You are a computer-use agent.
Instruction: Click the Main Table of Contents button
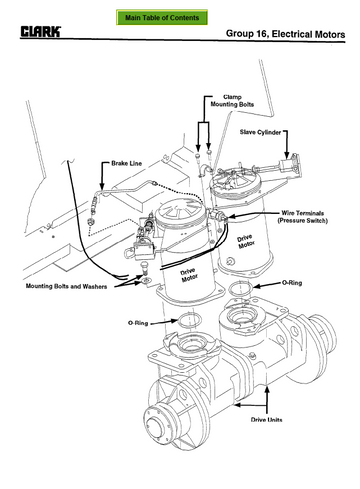click(162, 17)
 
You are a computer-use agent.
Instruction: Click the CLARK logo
click(41, 32)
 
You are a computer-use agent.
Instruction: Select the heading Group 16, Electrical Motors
click(285, 34)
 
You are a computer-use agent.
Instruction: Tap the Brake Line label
click(126, 163)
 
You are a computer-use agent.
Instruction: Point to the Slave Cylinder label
click(260, 132)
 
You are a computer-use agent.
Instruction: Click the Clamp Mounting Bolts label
click(232, 101)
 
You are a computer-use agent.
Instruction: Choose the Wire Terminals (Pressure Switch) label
click(303, 217)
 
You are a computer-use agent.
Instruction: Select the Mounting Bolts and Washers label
click(66, 286)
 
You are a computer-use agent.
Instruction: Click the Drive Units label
click(266, 419)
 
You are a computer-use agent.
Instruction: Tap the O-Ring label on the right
click(292, 283)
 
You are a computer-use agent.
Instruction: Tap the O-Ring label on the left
click(138, 323)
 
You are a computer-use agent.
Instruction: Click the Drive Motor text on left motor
click(189, 275)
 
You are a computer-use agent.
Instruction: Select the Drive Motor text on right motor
click(246, 242)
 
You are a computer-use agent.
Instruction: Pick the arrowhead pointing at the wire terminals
click(231, 216)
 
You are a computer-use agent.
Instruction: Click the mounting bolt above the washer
click(145, 268)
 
